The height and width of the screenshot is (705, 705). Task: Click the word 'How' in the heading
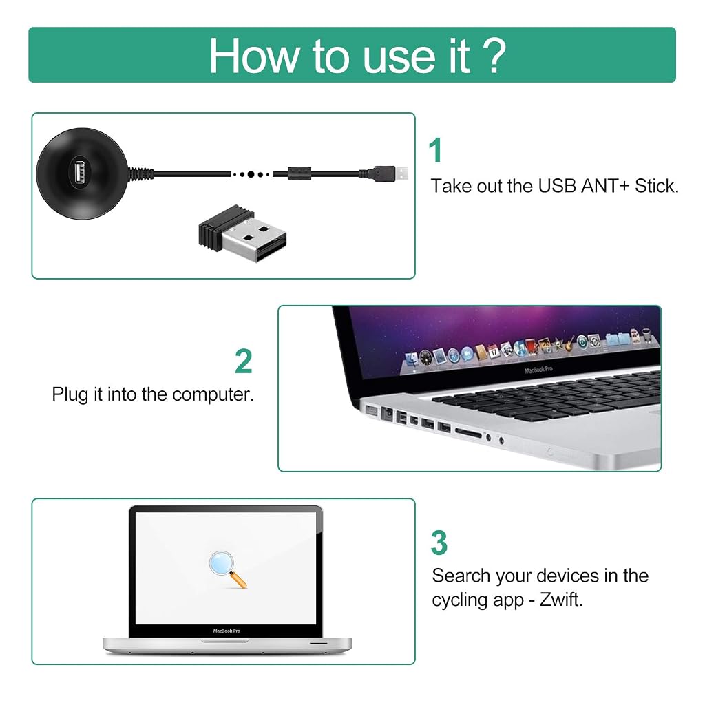pos(254,56)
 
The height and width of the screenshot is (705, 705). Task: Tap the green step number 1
pos(435,150)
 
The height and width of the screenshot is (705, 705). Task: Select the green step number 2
pos(244,361)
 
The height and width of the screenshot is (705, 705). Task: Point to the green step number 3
pos(439,543)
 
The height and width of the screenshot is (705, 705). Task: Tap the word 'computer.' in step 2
pos(213,394)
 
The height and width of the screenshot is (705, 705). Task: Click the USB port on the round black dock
pos(80,172)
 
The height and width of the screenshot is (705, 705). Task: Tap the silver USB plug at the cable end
pos(401,173)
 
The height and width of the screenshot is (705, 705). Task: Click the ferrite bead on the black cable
pos(299,173)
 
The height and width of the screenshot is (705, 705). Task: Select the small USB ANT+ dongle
pos(243,233)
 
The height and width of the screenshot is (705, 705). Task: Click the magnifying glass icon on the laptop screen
pos(227,569)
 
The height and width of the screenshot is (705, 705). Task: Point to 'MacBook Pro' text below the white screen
pos(227,631)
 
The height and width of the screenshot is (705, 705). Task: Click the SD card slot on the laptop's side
pos(468,433)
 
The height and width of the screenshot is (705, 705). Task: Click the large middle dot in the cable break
pos(251,174)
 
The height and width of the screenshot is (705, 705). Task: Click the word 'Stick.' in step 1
pos(656,186)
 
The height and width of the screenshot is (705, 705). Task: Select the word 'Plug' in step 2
pos(70,394)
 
